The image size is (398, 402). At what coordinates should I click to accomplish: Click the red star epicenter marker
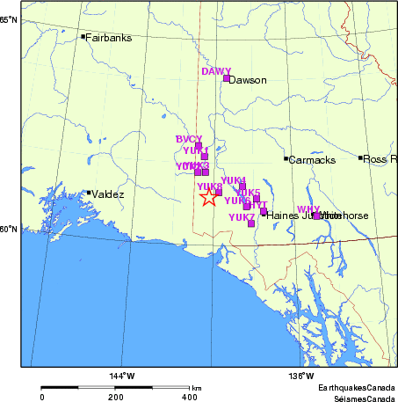(208, 198)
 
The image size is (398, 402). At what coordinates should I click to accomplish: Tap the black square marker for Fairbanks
(83, 36)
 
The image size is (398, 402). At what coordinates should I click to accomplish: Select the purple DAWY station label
(216, 71)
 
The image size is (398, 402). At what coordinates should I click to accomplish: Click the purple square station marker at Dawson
(227, 78)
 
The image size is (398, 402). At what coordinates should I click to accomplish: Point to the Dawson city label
(248, 80)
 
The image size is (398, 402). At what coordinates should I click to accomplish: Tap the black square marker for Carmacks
(286, 158)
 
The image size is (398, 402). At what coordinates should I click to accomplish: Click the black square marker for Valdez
(89, 193)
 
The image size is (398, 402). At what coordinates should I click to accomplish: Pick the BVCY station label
(189, 139)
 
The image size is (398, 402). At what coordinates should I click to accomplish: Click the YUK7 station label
(241, 217)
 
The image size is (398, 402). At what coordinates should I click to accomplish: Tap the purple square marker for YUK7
(251, 223)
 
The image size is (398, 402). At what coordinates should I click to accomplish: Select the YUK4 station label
(233, 180)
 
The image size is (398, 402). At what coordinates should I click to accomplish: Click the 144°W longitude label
(122, 377)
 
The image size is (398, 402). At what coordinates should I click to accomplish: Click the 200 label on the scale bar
(116, 398)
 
